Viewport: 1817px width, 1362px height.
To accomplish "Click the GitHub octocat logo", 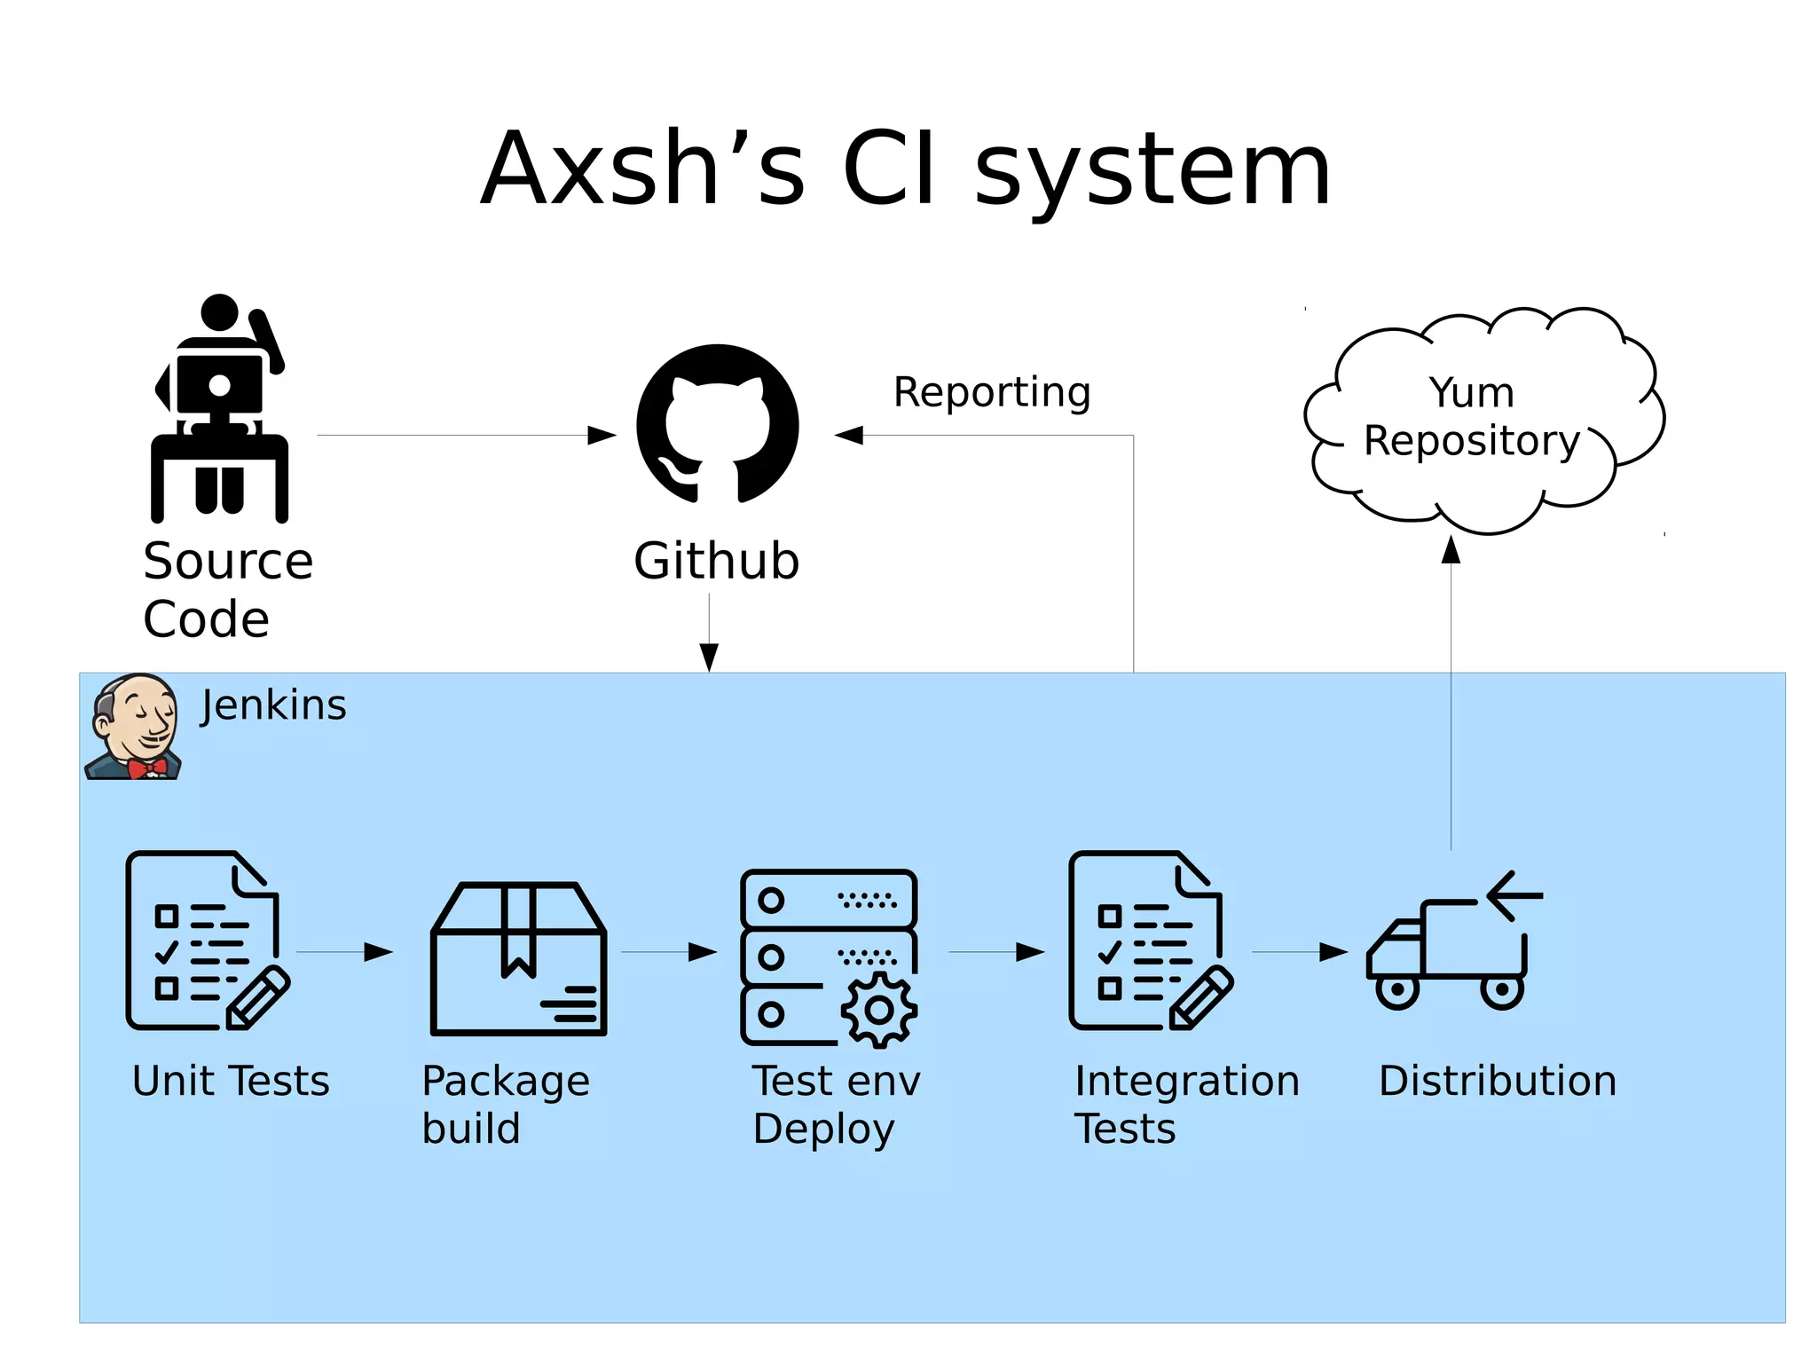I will coord(717,424).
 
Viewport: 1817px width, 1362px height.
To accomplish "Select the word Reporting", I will coord(991,392).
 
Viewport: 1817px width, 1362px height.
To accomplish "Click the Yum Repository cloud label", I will coord(1472,416).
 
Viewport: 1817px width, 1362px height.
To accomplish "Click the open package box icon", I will coord(518,958).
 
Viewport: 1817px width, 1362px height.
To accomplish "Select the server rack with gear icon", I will coord(829,957).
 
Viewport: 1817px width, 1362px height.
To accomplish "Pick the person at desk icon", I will coord(219,408).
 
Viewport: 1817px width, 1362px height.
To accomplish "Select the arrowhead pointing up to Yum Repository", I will coord(1451,550).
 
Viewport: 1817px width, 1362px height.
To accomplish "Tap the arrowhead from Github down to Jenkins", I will coord(709,657).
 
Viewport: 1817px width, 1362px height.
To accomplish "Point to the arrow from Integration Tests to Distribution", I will coord(1299,952).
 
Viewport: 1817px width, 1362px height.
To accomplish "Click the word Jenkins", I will coord(273,705).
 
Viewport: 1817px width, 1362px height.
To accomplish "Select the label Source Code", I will coord(227,589).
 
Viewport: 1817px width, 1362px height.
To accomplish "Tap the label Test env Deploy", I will coord(836,1105).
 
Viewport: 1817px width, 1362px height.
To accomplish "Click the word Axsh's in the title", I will coord(642,169).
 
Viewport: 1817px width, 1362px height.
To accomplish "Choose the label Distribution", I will coord(1497,1081).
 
